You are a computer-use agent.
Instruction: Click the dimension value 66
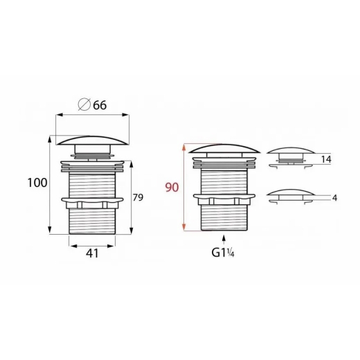click(x=100, y=105)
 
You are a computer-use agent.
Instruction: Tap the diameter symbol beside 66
click(x=84, y=105)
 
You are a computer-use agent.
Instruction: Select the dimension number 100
click(x=37, y=183)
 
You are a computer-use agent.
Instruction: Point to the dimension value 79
click(x=138, y=197)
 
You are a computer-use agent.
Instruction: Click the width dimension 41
click(x=92, y=253)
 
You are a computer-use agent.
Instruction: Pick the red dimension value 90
click(x=172, y=188)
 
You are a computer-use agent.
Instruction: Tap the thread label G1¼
click(x=223, y=253)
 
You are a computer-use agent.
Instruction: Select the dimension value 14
click(x=326, y=159)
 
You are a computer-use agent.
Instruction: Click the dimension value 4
click(x=335, y=198)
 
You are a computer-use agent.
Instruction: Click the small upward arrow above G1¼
click(x=224, y=240)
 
